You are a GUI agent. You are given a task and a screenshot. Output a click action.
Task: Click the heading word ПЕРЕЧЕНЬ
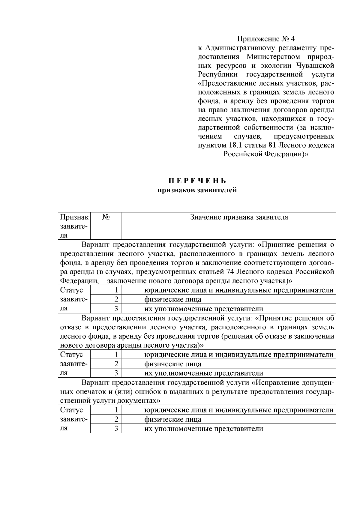(x=197, y=181)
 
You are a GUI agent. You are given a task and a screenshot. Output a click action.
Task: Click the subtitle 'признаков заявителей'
(x=197, y=190)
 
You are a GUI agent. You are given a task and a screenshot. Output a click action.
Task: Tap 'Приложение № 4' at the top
(x=266, y=39)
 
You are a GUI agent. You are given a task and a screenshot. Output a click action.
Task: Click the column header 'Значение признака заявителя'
(x=239, y=217)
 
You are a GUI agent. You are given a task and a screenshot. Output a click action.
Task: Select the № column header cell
(x=105, y=217)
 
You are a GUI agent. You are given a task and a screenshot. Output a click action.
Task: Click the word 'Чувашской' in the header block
(x=315, y=65)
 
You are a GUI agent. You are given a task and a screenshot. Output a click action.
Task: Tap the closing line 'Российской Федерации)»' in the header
(x=266, y=154)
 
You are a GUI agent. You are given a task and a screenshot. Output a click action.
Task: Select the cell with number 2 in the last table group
(x=116, y=419)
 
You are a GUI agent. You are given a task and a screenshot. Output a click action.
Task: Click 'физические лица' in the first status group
(x=173, y=300)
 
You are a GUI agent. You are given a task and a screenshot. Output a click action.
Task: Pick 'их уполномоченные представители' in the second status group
(x=204, y=373)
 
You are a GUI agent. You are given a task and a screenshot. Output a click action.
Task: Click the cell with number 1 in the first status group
(x=116, y=290)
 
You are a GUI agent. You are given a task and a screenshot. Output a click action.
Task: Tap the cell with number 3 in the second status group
(x=116, y=373)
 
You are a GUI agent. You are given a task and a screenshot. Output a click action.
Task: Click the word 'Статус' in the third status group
(x=71, y=410)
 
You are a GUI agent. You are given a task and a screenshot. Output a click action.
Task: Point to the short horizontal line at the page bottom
(x=197, y=460)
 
